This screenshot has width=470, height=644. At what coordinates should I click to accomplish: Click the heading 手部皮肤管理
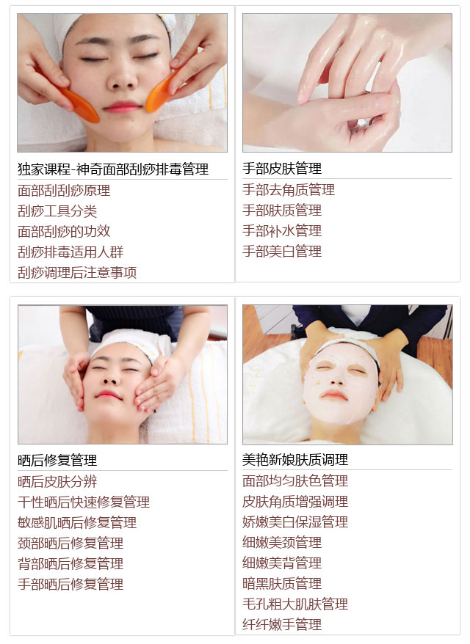pos(282,169)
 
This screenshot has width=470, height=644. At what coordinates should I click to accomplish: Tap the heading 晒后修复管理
pos(57,460)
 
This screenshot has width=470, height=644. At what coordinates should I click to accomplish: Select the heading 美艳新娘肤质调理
pos(294,460)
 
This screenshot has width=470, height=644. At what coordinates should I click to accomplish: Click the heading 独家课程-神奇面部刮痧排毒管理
pos(113,169)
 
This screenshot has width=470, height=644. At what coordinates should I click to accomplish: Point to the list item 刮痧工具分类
pos(57,211)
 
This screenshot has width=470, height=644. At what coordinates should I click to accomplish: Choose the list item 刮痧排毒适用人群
pos(70,252)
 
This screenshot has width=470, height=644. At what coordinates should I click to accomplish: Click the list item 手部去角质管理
pos(289,190)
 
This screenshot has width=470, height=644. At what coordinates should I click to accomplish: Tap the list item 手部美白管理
pos(282,251)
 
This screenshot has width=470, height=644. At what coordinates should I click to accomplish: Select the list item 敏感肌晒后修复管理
pos(77,522)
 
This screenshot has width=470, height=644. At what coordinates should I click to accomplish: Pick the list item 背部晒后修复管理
pos(70,563)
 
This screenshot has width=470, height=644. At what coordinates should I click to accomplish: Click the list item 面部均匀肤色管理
pos(294,480)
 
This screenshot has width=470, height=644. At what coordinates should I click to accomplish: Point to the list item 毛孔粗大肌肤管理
pos(294,604)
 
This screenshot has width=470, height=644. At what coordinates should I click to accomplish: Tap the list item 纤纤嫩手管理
pos(282,624)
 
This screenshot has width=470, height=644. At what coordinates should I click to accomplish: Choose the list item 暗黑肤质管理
pos(282,583)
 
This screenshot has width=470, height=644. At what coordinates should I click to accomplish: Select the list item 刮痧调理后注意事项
pos(77,272)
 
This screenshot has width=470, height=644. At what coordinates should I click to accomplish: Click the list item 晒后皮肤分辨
pos(57,481)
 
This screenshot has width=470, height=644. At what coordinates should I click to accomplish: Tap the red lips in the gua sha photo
pos(123,107)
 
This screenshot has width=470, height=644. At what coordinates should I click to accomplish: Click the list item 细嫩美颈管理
pos(282,542)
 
